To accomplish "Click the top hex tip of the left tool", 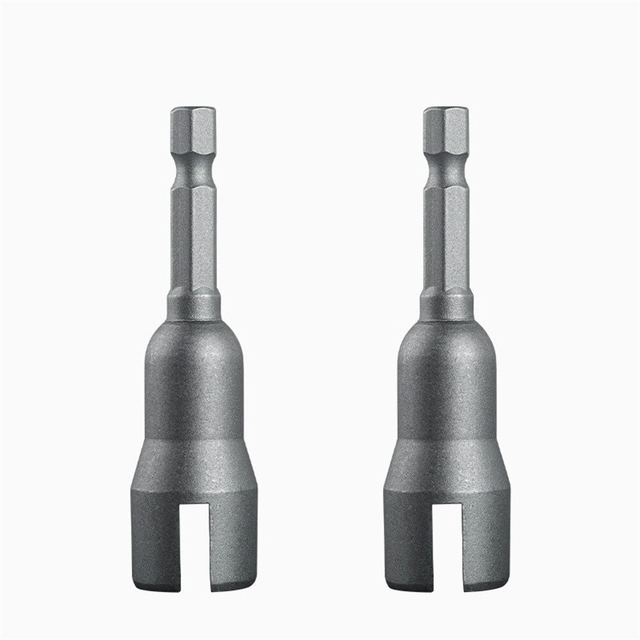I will pos(193,131).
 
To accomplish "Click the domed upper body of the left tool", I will pos(193,378).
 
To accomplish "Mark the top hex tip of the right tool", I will pos(445,131).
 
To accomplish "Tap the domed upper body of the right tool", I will pos(445,378).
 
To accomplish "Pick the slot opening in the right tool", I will pos(448,544).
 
